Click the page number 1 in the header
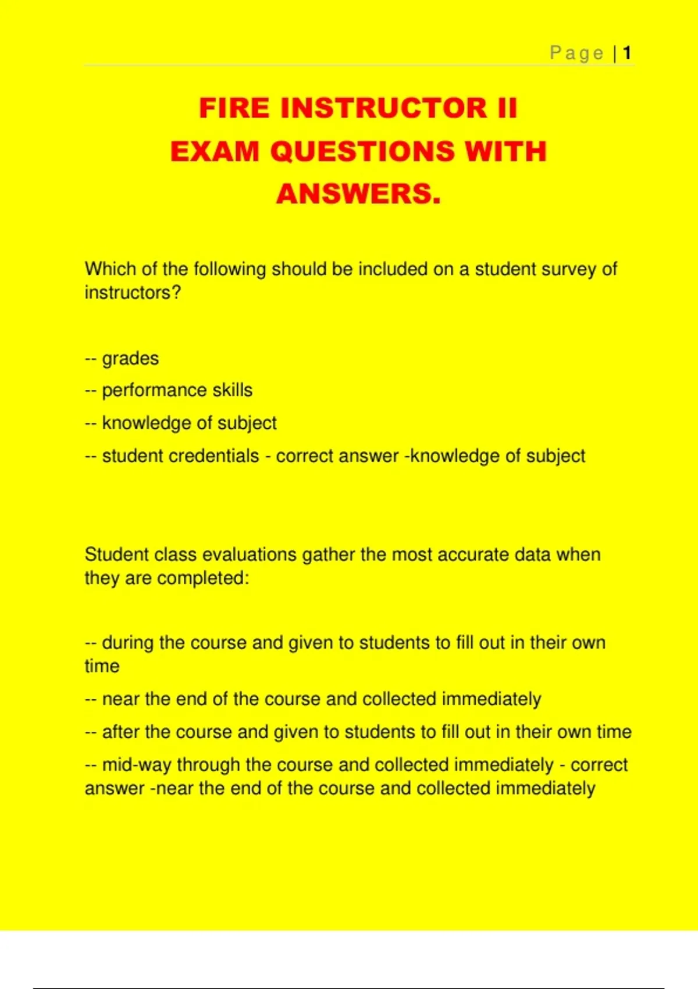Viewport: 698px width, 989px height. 627,54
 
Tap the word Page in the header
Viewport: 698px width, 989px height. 576,54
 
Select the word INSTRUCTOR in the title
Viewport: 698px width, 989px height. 383,108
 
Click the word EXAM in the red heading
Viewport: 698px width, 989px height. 215,151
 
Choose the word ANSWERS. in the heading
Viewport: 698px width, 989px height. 358,194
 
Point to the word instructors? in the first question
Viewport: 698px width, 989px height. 133,293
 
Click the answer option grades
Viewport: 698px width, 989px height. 130,358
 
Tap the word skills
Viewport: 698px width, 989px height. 232,390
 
